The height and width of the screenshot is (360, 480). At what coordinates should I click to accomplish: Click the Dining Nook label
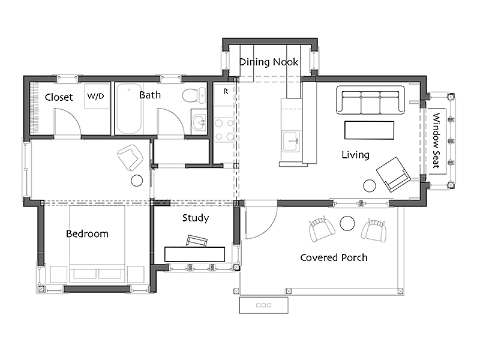[268, 62]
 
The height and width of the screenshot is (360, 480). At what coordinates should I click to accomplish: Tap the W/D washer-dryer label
[95, 96]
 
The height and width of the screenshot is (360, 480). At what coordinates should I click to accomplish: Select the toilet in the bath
[194, 95]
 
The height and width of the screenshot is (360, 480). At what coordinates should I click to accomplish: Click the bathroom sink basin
[199, 122]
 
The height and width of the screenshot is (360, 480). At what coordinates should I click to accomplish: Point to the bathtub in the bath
[129, 109]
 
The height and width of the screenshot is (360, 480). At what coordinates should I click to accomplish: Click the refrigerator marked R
[224, 94]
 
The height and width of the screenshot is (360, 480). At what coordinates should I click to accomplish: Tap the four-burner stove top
[224, 130]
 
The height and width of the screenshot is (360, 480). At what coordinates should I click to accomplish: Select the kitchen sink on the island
[291, 141]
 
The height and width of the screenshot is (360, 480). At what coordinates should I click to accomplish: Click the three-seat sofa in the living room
[370, 100]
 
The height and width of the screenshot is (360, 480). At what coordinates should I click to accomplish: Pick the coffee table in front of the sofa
[369, 130]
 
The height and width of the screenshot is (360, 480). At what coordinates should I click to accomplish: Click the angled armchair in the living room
[393, 174]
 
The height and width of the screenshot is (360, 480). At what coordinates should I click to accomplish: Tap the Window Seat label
[437, 140]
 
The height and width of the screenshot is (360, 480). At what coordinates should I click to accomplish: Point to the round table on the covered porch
[347, 223]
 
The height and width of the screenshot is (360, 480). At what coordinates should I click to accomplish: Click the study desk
[194, 254]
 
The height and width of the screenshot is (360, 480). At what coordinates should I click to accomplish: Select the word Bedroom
[87, 234]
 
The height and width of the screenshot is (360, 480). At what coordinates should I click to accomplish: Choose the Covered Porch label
[334, 258]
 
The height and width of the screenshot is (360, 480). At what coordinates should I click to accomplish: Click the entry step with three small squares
[263, 305]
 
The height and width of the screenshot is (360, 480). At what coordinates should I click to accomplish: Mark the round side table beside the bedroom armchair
[137, 181]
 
